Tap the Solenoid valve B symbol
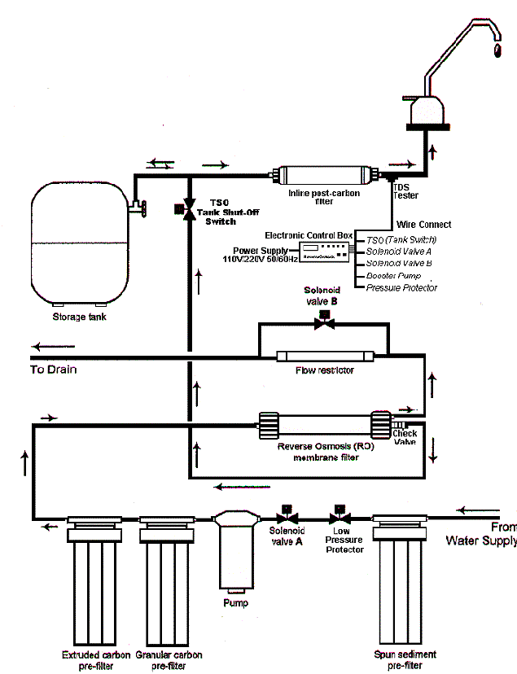[325, 322]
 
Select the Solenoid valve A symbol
[287, 516]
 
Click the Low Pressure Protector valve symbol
[338, 516]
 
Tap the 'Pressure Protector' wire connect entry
[401, 287]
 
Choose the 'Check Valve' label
[405, 438]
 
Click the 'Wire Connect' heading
[423, 224]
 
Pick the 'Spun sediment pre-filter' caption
[405, 659]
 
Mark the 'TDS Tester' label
[405, 192]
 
